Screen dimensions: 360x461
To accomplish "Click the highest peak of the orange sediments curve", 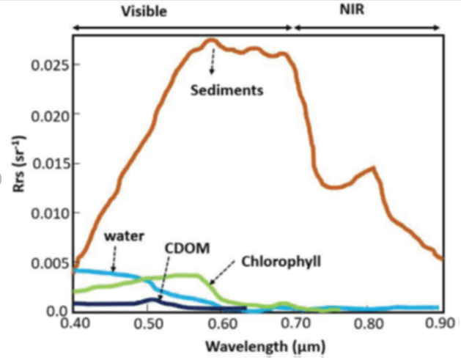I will pos(210,40).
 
